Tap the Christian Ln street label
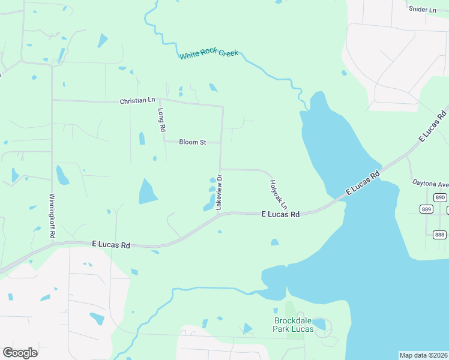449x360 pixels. [x=137, y=101]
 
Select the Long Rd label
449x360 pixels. [x=161, y=119]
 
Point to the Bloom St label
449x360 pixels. [x=193, y=142]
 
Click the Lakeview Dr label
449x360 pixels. [x=219, y=192]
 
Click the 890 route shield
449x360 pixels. [x=441, y=197]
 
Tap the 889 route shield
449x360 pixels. [x=427, y=209]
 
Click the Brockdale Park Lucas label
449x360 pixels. [x=294, y=325]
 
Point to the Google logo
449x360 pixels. [x=20, y=352]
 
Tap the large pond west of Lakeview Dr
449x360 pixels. [x=147, y=192]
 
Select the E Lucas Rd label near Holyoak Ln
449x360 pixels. [x=281, y=214]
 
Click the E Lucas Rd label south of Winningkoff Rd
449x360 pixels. [x=111, y=245]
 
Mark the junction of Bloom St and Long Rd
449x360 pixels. [x=166, y=142]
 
